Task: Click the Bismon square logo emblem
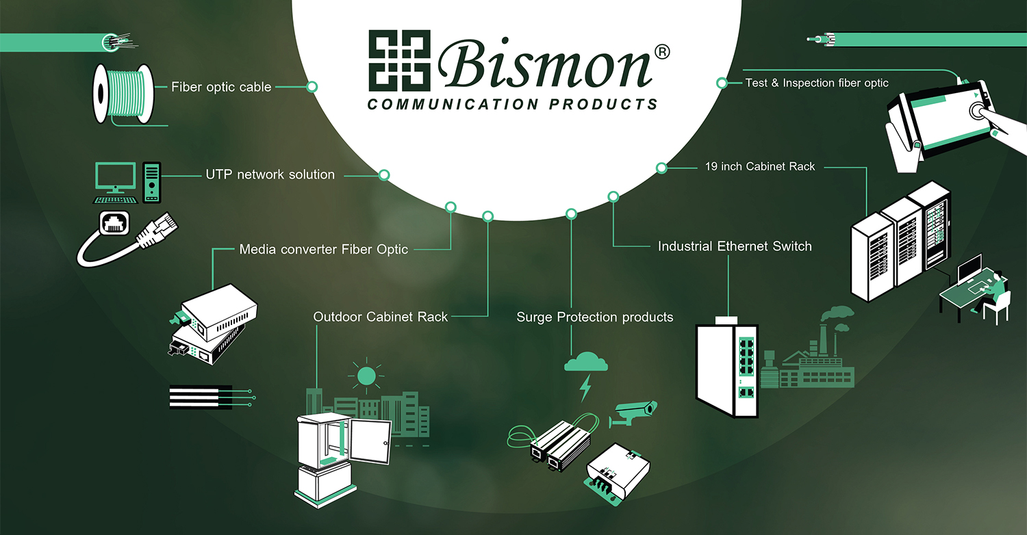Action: (398, 62)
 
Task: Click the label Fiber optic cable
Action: (221, 87)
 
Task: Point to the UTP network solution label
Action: (270, 174)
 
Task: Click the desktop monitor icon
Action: (114, 179)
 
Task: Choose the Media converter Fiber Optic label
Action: (323, 250)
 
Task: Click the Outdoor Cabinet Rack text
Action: (380, 317)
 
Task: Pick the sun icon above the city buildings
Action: (366, 376)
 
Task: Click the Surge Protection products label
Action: (594, 317)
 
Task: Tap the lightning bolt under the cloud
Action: (585, 388)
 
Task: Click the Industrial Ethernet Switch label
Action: (734, 246)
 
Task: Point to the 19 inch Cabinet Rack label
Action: (760, 166)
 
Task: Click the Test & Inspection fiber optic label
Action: (817, 83)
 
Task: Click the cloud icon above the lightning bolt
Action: (585, 361)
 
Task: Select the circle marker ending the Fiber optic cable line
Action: (312, 87)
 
